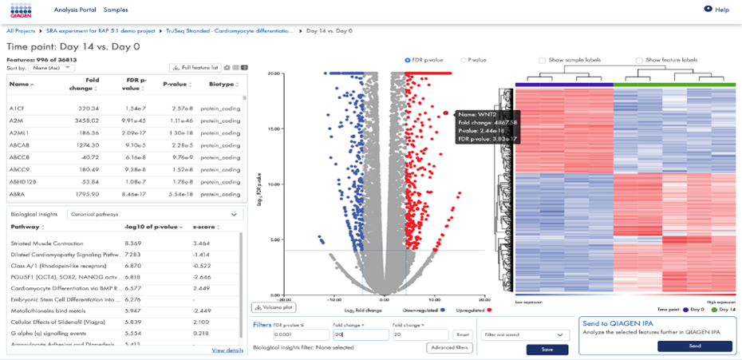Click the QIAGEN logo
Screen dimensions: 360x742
(x=21, y=10)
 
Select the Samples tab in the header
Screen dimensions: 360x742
(x=116, y=10)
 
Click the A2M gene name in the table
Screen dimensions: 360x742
(x=16, y=119)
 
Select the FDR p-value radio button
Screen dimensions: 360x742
(x=408, y=60)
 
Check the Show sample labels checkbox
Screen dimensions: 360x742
(x=543, y=61)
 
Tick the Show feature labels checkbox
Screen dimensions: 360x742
(x=639, y=61)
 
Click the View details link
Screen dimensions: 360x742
(x=227, y=350)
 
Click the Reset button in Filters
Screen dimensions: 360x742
(x=462, y=335)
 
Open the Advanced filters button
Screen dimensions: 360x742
(x=450, y=348)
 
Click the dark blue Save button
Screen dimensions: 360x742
(x=547, y=350)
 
